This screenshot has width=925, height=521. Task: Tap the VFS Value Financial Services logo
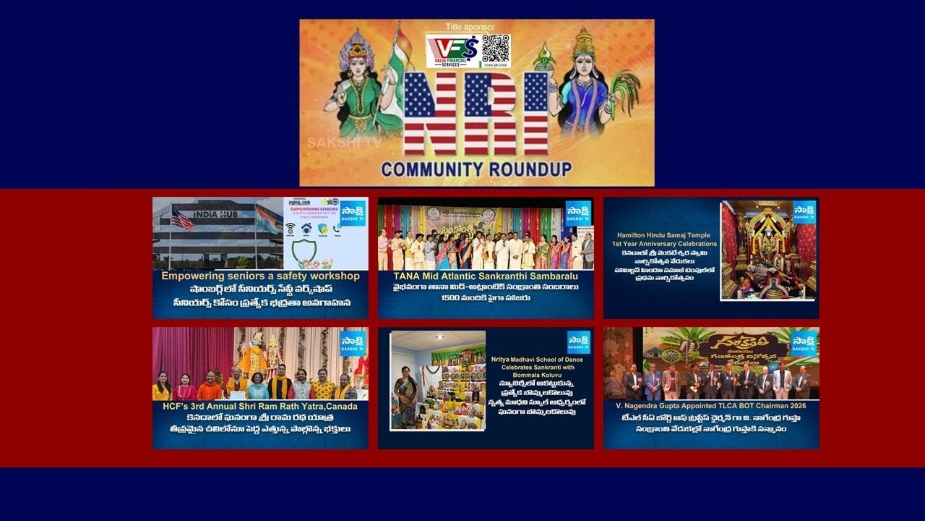tap(453, 51)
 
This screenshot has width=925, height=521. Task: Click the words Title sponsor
tap(470, 27)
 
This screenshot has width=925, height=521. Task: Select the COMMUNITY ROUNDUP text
tap(476, 169)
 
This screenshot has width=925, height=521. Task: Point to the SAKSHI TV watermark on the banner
tap(343, 143)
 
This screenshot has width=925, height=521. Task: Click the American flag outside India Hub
tap(182, 218)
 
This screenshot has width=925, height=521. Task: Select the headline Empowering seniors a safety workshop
tap(260, 276)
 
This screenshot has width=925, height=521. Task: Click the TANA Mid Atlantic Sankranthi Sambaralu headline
tap(486, 276)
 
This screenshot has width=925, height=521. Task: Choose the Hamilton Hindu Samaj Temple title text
tap(663, 240)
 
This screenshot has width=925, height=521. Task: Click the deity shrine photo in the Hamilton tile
tap(768, 250)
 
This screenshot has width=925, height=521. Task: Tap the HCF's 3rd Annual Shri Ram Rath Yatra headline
tap(260, 406)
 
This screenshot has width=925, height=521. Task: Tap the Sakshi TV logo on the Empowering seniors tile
tap(353, 213)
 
